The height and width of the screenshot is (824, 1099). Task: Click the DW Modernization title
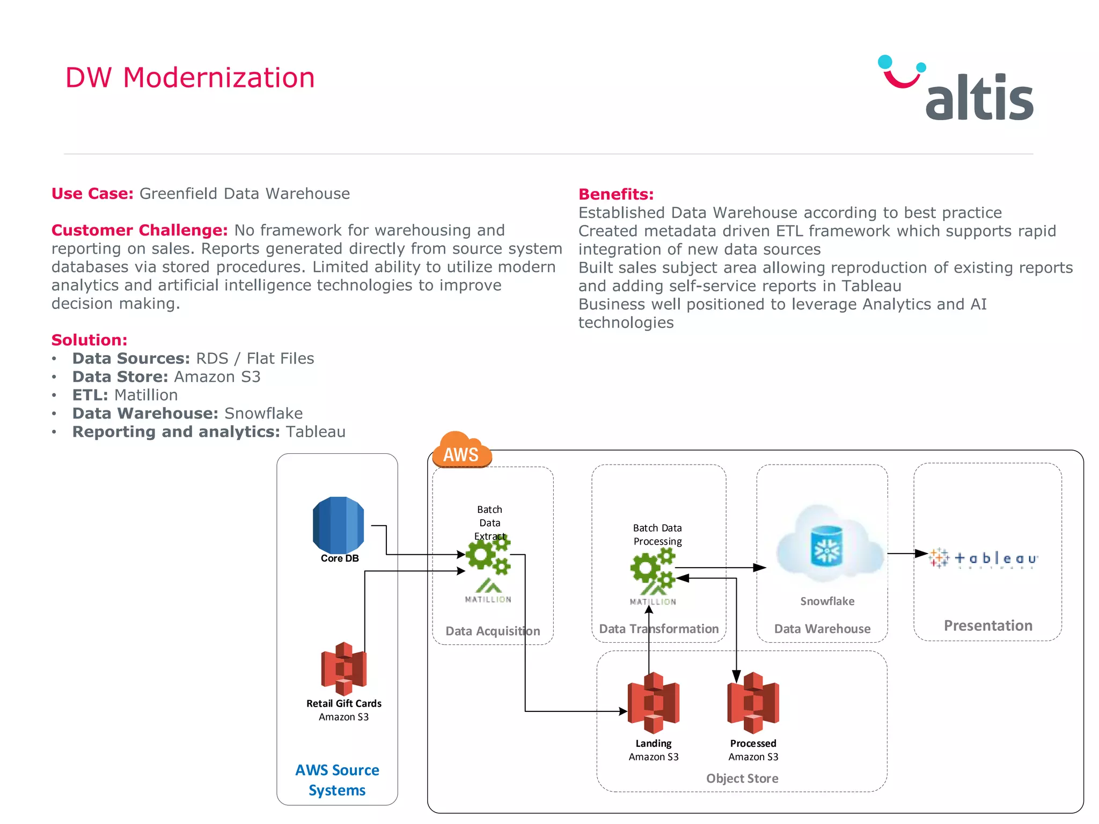(189, 78)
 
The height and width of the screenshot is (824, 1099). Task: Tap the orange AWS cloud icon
(461, 451)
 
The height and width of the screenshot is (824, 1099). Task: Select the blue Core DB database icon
(338, 525)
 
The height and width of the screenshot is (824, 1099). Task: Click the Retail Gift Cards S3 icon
(343, 668)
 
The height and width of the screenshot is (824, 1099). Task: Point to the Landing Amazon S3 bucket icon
(653, 703)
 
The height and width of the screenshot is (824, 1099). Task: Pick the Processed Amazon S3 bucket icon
(753, 703)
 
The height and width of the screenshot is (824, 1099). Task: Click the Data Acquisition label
(493, 631)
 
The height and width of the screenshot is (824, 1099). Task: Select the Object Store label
(742, 778)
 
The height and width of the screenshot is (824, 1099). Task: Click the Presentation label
(988, 626)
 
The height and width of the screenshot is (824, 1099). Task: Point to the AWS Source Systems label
(337, 780)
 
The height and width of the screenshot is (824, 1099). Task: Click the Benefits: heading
(616, 194)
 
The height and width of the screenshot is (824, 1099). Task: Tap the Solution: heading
(89, 340)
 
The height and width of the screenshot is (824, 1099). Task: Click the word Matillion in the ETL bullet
(146, 395)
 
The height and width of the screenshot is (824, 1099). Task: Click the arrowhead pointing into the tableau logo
(922, 553)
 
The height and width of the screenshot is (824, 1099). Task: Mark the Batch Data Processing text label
(657, 535)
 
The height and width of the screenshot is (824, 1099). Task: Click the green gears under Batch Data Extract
(487, 554)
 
